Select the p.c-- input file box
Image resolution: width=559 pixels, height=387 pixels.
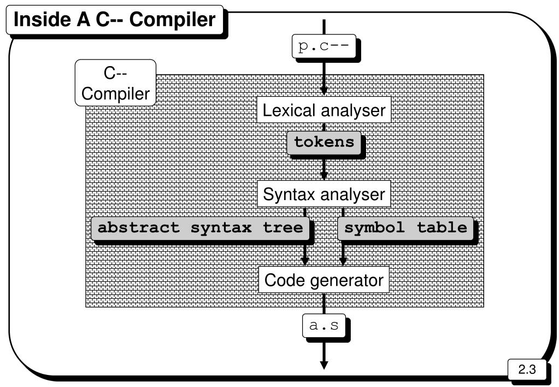click(x=323, y=46)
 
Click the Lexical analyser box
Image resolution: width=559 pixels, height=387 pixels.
click(x=324, y=110)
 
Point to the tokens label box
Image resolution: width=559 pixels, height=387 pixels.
click(x=324, y=142)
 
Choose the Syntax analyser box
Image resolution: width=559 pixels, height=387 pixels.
click(x=324, y=195)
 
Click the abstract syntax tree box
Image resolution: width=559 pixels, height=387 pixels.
click(x=200, y=228)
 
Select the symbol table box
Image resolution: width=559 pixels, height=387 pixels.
click(x=405, y=228)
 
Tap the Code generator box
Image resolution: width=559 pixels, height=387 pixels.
click(x=324, y=280)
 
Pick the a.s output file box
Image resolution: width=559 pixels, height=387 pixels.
click(x=324, y=326)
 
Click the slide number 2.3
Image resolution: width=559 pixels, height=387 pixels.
click(x=526, y=370)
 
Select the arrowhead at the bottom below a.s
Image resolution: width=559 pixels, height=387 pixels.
click(x=324, y=364)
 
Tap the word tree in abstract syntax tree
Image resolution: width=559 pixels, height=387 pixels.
click(x=283, y=228)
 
